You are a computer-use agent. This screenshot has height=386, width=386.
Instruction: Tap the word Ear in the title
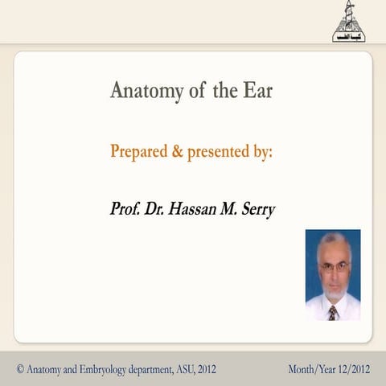pos(257,90)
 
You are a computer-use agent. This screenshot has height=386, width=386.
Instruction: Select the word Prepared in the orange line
pos(139,151)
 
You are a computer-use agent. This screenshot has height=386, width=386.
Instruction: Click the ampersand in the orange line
pos(177,151)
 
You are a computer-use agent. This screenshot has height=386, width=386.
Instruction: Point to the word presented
pos(218,151)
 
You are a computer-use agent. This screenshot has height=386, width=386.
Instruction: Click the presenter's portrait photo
pos(332,275)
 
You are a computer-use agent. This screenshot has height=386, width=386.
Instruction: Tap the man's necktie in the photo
pos(333,312)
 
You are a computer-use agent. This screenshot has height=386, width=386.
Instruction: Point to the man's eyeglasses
pos(335,265)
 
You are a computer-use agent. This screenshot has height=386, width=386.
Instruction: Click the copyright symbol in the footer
pos(20,369)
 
